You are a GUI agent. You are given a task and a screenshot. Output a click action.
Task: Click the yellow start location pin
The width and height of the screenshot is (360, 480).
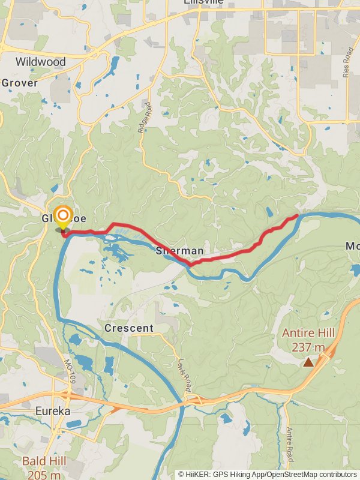tap(63, 217)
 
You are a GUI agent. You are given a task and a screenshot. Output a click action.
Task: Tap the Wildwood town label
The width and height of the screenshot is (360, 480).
tap(40, 62)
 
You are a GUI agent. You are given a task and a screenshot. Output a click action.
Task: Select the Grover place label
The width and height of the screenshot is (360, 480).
tap(19, 83)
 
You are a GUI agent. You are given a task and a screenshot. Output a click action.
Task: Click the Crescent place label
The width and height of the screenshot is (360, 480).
tap(129, 328)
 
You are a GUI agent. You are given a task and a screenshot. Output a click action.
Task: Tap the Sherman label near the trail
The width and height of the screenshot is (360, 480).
tap(179, 250)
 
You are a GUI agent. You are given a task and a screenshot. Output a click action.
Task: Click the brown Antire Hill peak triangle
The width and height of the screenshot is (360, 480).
tap(308, 362)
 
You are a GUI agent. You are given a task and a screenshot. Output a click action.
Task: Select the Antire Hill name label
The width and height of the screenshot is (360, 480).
tap(308, 334)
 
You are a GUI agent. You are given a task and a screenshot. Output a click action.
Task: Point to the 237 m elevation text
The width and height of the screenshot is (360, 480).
tap(308, 347)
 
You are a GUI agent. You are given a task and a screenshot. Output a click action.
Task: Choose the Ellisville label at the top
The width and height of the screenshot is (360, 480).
tap(205, 2)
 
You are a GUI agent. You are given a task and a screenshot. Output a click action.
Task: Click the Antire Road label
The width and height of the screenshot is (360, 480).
tap(290, 441)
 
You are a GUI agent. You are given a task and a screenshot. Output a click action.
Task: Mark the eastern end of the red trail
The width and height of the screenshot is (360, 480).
tap(298, 216)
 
